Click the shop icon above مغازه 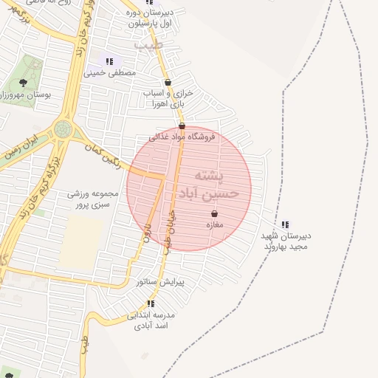(x=214, y=214)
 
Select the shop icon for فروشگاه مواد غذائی (x=182, y=126)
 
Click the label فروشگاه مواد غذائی (x=182, y=137)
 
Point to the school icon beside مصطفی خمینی (x=109, y=62)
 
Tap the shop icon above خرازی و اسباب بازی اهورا (x=168, y=83)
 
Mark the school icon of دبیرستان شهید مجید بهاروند (x=285, y=225)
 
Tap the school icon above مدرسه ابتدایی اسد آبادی (x=151, y=303)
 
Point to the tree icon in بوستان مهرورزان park (x=23, y=82)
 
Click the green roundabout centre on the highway (x=64, y=130)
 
